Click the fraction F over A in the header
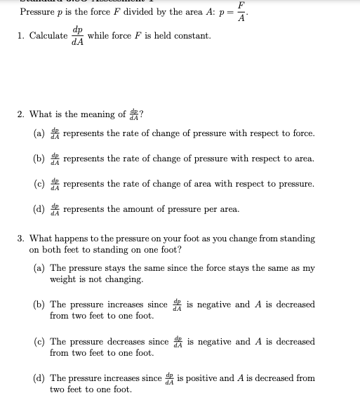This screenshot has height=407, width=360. click(x=241, y=12)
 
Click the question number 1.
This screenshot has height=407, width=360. click(x=22, y=36)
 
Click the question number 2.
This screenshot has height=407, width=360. click(x=22, y=114)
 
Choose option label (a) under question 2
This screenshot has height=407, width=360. click(x=39, y=133)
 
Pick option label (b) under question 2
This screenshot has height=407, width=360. click(x=39, y=159)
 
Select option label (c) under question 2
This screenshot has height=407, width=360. click(x=39, y=184)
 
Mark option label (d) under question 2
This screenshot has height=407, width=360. click(x=39, y=209)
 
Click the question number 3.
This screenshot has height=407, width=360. click(x=22, y=239)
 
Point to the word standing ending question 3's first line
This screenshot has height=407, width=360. click(x=298, y=239)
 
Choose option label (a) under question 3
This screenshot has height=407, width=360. click(x=39, y=268)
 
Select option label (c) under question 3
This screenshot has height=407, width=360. click(x=39, y=342)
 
